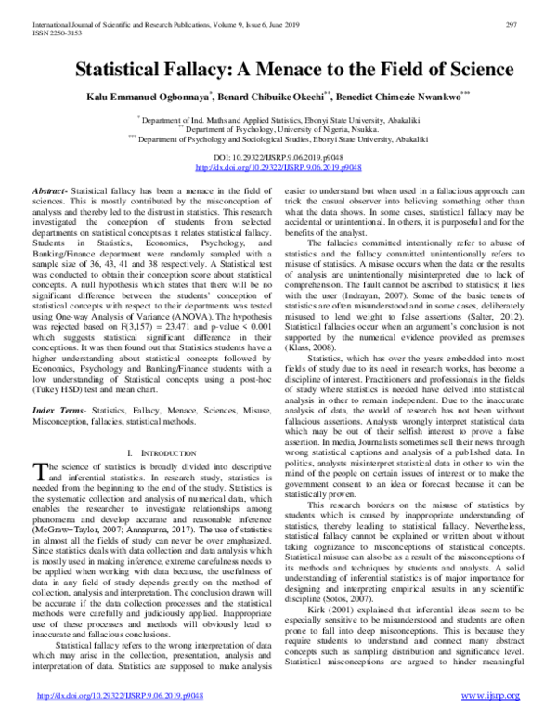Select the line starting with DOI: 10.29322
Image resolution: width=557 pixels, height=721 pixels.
[278, 159]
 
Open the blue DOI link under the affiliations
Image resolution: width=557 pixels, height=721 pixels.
[278, 168]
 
